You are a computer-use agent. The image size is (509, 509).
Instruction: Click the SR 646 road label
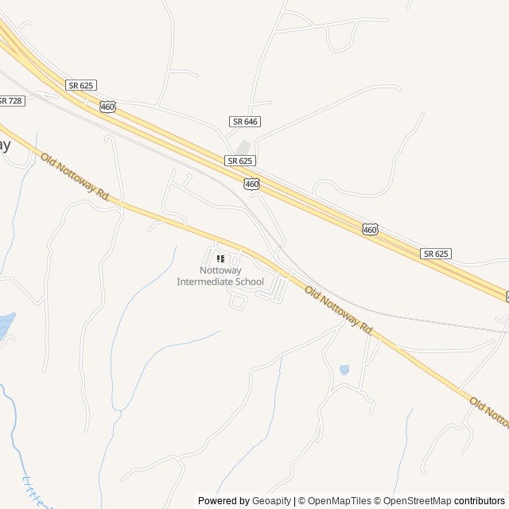pyautogui.click(x=245, y=121)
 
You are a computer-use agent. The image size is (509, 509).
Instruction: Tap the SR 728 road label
pyautogui.click(x=11, y=100)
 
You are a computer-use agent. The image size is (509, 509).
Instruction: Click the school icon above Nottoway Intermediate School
pyautogui.click(x=221, y=258)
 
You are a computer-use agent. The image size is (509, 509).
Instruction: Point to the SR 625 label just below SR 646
pyautogui.click(x=240, y=161)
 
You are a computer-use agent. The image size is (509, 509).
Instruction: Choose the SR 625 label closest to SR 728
pyautogui.click(x=82, y=84)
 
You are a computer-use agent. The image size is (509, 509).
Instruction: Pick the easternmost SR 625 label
pyautogui.click(x=437, y=253)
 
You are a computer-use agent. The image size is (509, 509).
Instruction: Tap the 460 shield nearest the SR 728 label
pyautogui.click(x=108, y=106)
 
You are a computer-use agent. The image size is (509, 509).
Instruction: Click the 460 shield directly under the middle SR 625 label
pyautogui.click(x=252, y=184)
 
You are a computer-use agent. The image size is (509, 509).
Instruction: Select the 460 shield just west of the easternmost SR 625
pyautogui.click(x=370, y=229)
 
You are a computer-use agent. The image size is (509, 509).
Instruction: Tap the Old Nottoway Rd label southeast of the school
pyautogui.click(x=339, y=309)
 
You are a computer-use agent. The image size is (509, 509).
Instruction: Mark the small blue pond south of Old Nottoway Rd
pyautogui.click(x=344, y=370)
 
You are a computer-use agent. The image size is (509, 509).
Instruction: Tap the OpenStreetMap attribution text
pyautogui.click(x=412, y=501)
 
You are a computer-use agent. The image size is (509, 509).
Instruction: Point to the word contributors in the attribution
pyautogui.click(x=480, y=501)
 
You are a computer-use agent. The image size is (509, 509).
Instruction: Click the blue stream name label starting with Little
pyautogui.click(x=36, y=489)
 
